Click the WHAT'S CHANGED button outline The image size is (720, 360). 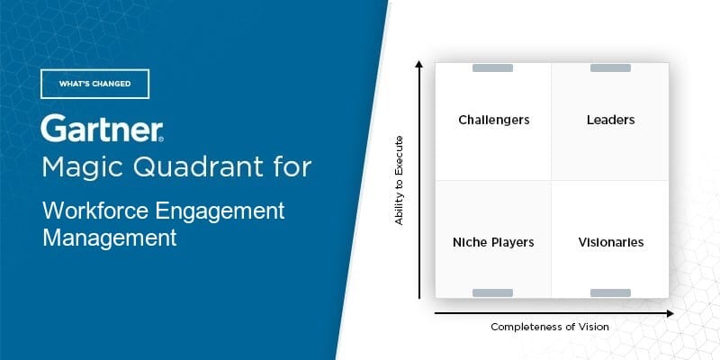tap(94, 84)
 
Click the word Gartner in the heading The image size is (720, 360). tap(101, 130)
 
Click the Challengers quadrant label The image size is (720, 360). tap(493, 120)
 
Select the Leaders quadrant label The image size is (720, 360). tap(610, 120)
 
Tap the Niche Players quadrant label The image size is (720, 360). tap(493, 242)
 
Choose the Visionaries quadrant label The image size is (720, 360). tap(610, 242)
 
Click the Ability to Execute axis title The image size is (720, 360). tap(400, 180)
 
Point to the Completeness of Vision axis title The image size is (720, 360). tap(550, 327)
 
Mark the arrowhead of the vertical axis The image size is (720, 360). tap(419, 63)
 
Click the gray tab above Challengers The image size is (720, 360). tap(493, 68)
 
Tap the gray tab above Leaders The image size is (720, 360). tap(610, 68)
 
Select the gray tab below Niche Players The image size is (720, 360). tap(493, 292)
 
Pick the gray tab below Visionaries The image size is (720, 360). tap(610, 292)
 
